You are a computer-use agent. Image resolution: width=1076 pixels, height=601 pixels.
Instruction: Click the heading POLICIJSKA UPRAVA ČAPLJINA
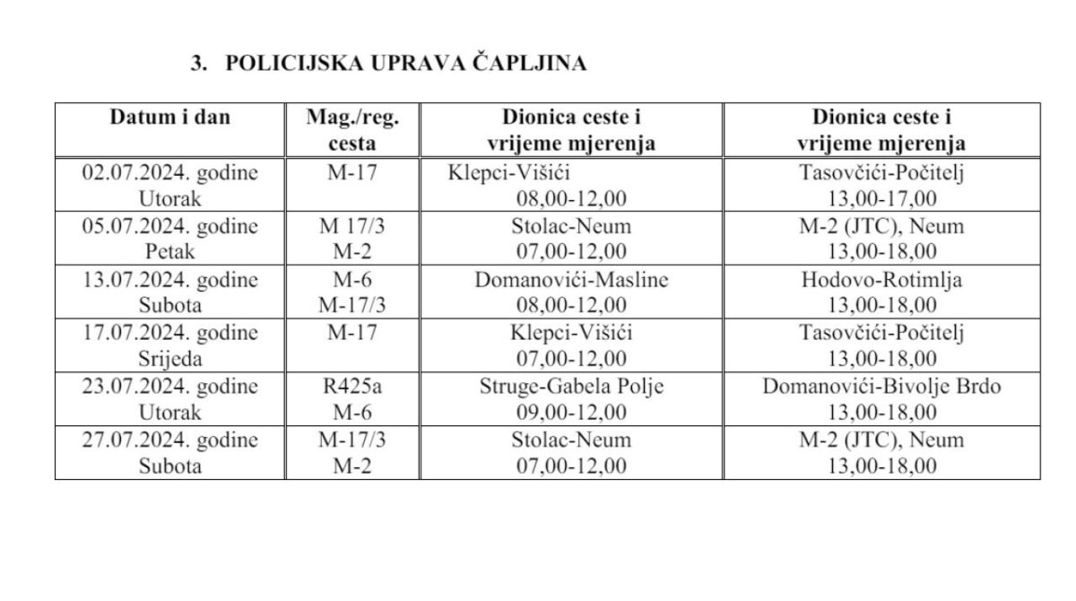pyautogui.click(x=405, y=64)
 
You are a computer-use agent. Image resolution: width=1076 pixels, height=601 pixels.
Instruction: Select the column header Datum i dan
pyautogui.click(x=169, y=118)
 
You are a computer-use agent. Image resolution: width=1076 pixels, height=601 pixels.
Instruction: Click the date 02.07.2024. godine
pyautogui.click(x=169, y=173)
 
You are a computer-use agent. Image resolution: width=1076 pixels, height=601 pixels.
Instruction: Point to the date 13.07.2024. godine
pyautogui.click(x=169, y=280)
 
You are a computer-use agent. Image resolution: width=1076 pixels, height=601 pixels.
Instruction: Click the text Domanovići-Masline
pyautogui.click(x=572, y=280)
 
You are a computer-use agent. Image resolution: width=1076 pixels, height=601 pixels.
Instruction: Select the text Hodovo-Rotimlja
pyautogui.click(x=882, y=280)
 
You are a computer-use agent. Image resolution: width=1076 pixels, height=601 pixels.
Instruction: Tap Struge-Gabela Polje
pyautogui.click(x=572, y=388)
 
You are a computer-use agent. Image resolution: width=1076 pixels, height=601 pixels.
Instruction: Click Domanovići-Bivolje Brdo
pyautogui.click(x=882, y=388)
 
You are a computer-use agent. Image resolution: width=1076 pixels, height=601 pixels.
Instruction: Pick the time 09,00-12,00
pyautogui.click(x=572, y=413)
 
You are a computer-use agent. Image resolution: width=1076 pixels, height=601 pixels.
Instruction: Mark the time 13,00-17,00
pyautogui.click(x=882, y=198)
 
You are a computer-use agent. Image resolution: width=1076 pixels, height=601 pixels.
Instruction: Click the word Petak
pyautogui.click(x=169, y=251)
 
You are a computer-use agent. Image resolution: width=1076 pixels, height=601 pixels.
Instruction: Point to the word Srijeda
pyautogui.click(x=169, y=359)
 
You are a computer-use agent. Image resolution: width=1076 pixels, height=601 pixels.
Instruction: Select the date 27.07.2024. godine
pyautogui.click(x=169, y=440)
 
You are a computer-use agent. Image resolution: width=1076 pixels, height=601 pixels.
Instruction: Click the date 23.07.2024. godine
pyautogui.click(x=169, y=388)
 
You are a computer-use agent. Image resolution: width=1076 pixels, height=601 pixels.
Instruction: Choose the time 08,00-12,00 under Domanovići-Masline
pyautogui.click(x=572, y=305)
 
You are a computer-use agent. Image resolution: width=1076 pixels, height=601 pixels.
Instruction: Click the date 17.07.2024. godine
pyautogui.click(x=169, y=334)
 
